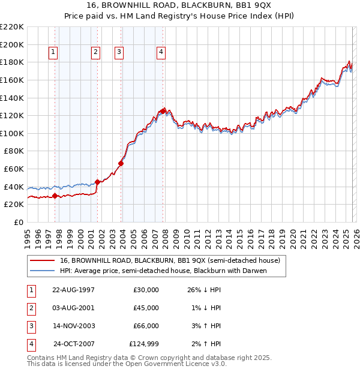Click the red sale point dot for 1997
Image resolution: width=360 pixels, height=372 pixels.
(x=55, y=195)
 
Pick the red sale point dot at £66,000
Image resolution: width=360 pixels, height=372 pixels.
(x=121, y=163)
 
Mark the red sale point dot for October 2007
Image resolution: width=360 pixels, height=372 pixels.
(x=163, y=111)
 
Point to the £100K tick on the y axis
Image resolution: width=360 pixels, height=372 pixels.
(x=13, y=133)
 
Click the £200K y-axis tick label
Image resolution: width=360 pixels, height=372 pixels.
(x=13, y=44)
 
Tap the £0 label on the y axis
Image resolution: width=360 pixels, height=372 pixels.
(x=18, y=222)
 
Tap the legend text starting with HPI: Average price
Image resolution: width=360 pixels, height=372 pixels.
(x=162, y=270)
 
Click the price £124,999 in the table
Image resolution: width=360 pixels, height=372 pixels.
(x=144, y=344)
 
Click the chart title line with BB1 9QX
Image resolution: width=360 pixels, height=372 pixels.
(x=180, y=7)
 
